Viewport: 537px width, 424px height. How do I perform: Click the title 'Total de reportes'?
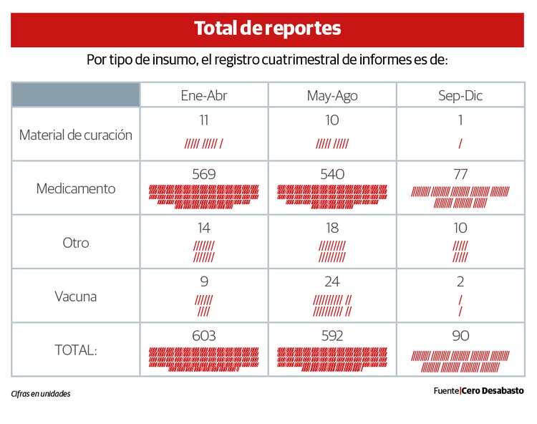pyautogui.click(x=267, y=29)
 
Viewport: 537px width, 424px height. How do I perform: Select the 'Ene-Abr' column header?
pyautogui.click(x=203, y=95)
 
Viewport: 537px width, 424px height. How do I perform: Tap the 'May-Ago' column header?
pyautogui.click(x=332, y=95)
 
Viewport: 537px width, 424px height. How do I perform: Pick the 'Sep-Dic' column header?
pyautogui.click(x=460, y=95)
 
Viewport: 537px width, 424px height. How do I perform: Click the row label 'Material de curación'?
pyautogui.click(x=75, y=135)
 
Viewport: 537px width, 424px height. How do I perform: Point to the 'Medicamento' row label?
pyautogui.click(x=75, y=188)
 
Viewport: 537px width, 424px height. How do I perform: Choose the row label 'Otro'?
pyautogui.click(x=75, y=243)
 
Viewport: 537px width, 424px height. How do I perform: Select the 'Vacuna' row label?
pyautogui.click(x=75, y=297)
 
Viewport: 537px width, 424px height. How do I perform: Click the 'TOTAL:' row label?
pyautogui.click(x=75, y=350)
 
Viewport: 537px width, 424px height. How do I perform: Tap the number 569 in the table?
pyautogui.click(x=203, y=174)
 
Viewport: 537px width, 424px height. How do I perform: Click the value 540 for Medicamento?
pyautogui.click(x=332, y=174)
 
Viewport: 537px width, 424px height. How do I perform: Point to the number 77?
pyautogui.click(x=460, y=174)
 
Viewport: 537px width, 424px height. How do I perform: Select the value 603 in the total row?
pyautogui.click(x=203, y=336)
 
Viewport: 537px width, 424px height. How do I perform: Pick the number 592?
pyautogui.click(x=332, y=336)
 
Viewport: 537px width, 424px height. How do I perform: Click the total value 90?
pyautogui.click(x=460, y=336)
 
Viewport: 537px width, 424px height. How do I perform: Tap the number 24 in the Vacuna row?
pyautogui.click(x=332, y=281)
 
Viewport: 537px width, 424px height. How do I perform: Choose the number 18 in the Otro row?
pyautogui.click(x=332, y=228)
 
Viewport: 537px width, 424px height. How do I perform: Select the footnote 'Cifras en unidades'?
pyautogui.click(x=41, y=394)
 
